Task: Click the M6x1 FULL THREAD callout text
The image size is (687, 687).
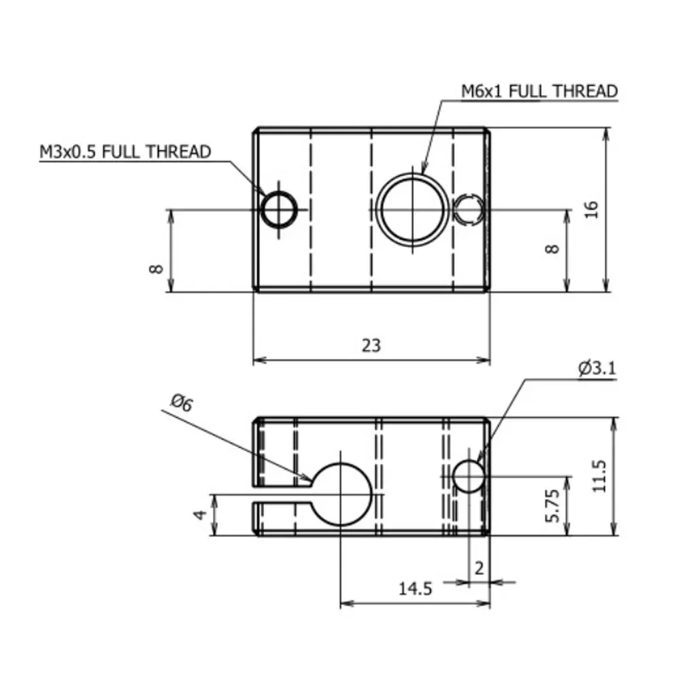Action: coord(539,91)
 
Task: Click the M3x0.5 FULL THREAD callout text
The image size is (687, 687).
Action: coord(125,152)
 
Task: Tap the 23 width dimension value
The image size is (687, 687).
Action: coord(371,346)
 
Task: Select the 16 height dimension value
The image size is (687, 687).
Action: coord(592,210)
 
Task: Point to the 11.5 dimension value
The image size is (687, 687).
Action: coord(599,476)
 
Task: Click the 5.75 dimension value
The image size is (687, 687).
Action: coord(552,505)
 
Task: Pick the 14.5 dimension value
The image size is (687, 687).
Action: coord(416,588)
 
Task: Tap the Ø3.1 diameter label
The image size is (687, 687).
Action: coord(597,368)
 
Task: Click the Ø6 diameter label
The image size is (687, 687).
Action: coord(182,403)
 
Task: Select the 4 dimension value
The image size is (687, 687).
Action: coord(200,514)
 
